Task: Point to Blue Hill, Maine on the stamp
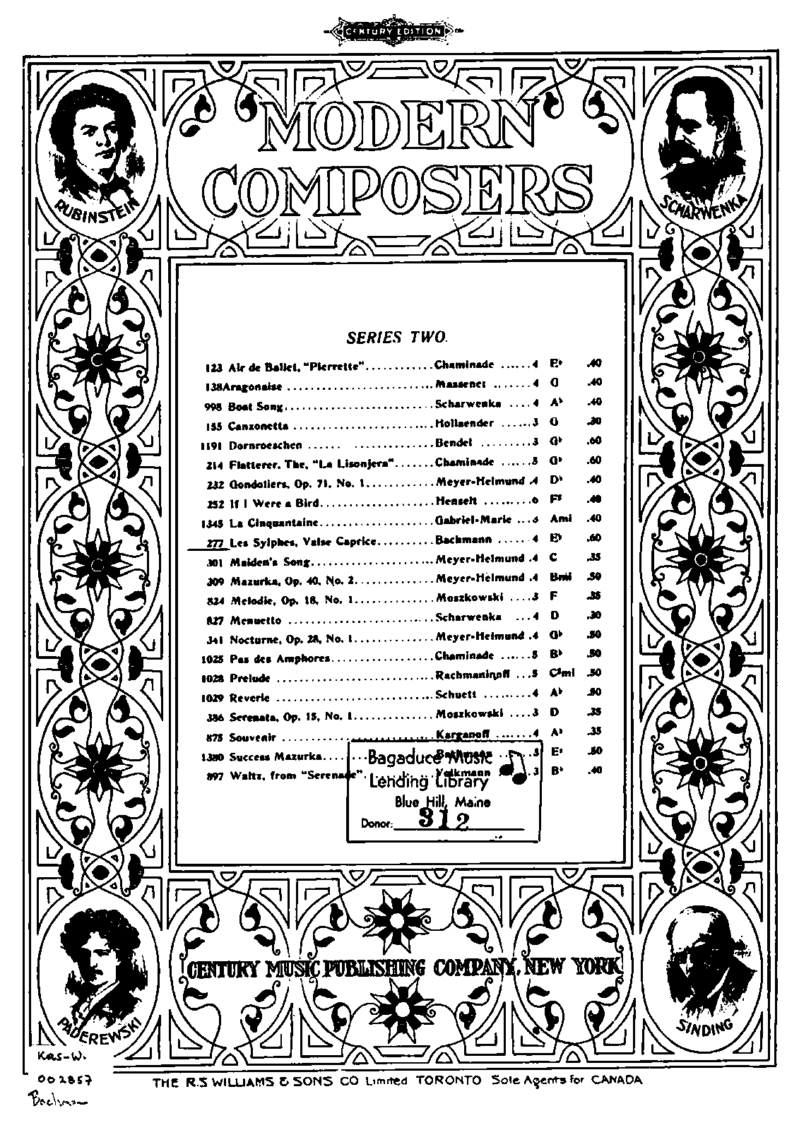coord(442,802)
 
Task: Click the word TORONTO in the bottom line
coord(449,1081)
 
